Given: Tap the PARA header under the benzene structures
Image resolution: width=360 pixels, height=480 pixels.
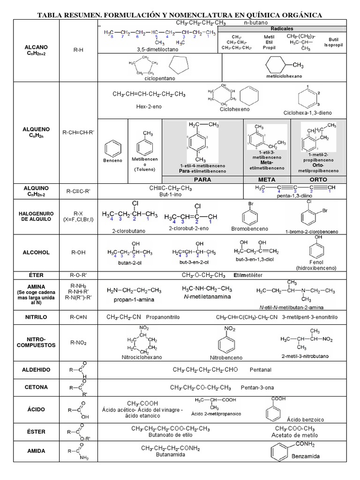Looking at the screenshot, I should coord(202,180).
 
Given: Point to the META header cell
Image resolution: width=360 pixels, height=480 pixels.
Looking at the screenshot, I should coord(267,180).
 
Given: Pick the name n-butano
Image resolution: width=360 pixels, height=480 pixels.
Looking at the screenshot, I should coord(256,22).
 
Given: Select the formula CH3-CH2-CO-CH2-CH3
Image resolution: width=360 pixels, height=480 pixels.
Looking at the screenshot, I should coord(201,388).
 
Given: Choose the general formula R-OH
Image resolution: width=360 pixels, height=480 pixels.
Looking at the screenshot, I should coord(78,252).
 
